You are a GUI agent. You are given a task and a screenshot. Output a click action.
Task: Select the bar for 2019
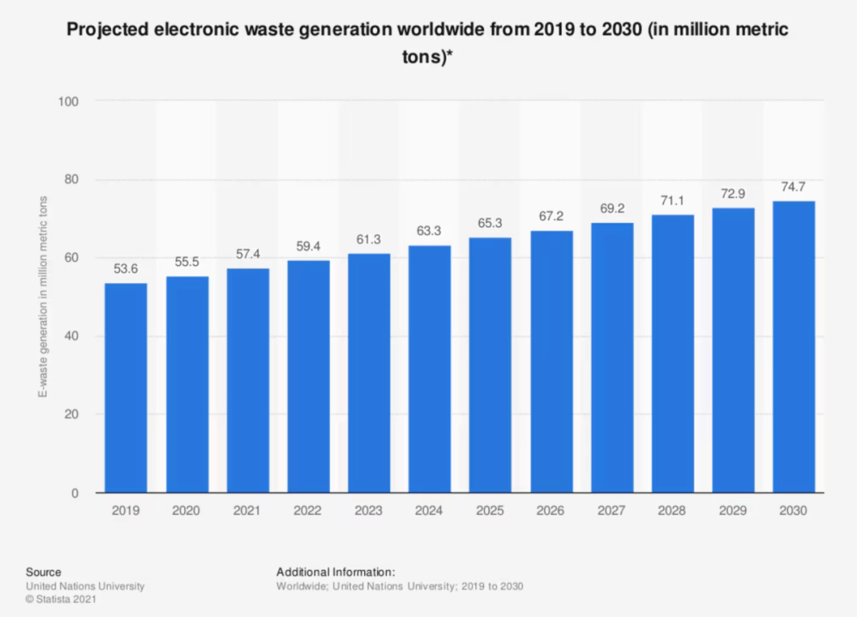125,388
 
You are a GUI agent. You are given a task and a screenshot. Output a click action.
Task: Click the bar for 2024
429,369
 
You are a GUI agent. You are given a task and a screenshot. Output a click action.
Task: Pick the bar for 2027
612,358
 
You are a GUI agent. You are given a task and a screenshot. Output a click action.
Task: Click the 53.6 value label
125,269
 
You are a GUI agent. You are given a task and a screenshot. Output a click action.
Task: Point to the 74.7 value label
794,187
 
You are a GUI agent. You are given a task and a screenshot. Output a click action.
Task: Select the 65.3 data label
490,223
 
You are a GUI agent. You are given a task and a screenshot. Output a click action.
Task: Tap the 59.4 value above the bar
308,246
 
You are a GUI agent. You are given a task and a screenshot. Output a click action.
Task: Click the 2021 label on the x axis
247,511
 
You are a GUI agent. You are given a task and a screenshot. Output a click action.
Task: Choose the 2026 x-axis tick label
551,511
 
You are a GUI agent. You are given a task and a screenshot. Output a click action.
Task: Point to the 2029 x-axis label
733,511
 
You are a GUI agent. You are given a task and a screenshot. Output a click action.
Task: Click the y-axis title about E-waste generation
45,297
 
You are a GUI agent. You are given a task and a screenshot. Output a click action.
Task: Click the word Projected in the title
106,31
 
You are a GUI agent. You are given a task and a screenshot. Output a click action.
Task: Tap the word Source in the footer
43,572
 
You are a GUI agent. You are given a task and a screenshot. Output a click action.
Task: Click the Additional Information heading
336,572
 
